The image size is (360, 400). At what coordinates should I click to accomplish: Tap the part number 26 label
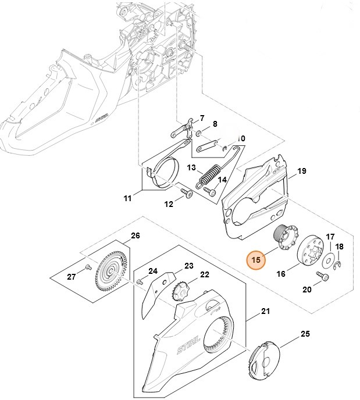click(x=135, y=236)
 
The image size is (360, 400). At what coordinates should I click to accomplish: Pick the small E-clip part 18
click(x=339, y=266)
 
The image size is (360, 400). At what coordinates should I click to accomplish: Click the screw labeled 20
click(x=322, y=275)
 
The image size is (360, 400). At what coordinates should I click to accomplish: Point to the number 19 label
click(x=301, y=171)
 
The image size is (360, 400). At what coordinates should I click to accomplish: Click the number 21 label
click(x=265, y=312)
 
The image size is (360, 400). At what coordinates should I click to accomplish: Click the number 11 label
click(x=127, y=199)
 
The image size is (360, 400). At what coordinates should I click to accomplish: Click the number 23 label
click(x=188, y=266)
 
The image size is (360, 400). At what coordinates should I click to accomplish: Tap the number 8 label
click(x=214, y=124)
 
